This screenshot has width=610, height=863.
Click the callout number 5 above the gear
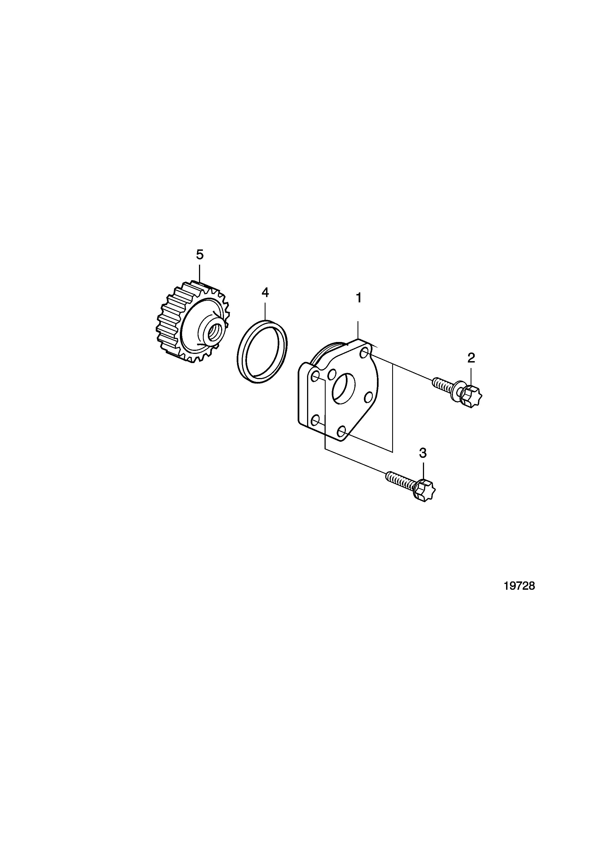pyautogui.click(x=200, y=255)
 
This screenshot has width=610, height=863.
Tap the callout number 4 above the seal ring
pyautogui.click(x=265, y=292)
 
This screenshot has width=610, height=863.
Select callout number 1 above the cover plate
pyautogui.click(x=359, y=298)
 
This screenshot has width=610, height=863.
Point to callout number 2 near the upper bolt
pyautogui.click(x=471, y=358)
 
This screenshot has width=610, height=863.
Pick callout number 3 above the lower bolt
pyautogui.click(x=423, y=453)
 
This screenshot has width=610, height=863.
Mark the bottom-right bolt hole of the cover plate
pyautogui.click(x=341, y=431)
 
